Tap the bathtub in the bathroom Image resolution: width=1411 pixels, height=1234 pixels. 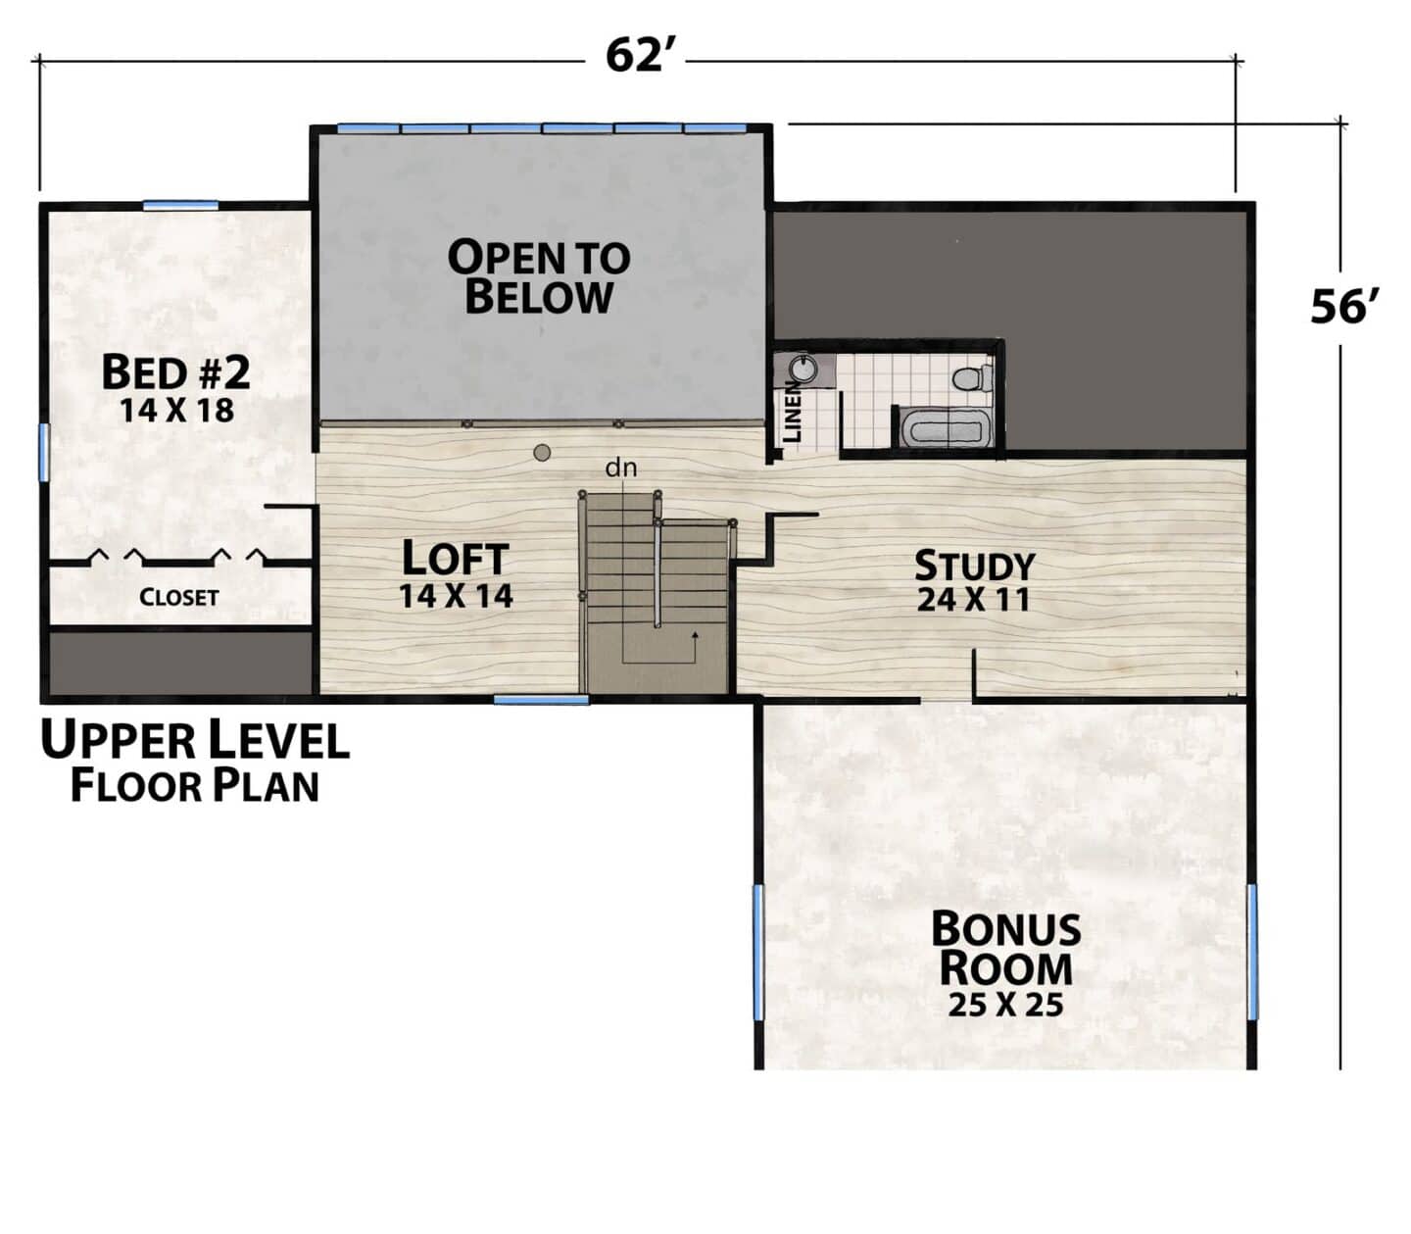946,429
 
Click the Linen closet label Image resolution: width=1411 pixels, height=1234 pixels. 793,412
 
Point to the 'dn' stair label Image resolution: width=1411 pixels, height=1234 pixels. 620,469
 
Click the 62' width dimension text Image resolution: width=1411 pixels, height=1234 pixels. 635,55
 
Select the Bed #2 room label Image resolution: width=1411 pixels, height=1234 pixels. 175,372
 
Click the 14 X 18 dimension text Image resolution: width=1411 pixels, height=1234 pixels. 177,411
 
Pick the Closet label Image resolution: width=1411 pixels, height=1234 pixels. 178,597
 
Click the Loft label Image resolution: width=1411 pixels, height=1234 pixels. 456,558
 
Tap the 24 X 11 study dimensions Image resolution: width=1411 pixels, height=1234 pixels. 973,600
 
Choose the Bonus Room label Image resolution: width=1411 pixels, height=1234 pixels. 1006,949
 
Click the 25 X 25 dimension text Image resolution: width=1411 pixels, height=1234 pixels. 1005,1005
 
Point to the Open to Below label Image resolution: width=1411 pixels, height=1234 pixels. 539,276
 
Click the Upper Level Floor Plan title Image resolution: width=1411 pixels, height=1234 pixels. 195,761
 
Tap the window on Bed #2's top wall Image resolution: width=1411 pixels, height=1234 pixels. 180,205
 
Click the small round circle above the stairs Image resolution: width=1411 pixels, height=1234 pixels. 543,453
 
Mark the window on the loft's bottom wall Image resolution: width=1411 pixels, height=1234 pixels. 542,700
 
